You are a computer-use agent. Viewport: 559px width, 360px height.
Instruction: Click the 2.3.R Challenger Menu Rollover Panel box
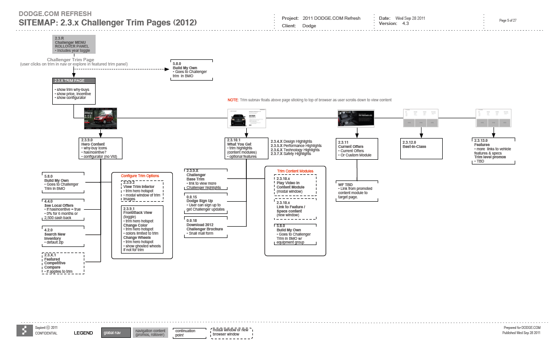[x=74, y=44]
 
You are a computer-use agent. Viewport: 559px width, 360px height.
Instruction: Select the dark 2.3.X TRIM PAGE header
[x=74, y=81]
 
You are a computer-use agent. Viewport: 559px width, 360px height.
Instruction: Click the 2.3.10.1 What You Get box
[x=246, y=148]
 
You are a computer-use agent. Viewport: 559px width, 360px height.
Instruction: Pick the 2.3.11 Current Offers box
[x=357, y=149]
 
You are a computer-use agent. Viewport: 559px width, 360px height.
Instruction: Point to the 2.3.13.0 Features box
[x=494, y=151]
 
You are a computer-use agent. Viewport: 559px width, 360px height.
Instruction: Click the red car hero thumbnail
[x=100, y=118]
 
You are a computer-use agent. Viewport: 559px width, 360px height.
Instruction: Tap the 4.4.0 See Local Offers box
[x=64, y=210]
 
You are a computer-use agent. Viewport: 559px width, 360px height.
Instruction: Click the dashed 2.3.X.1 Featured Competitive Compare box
[x=64, y=263]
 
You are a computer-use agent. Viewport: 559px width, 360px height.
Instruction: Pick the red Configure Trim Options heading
[x=140, y=176]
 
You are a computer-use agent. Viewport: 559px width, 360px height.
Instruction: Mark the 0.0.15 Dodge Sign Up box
[x=206, y=203]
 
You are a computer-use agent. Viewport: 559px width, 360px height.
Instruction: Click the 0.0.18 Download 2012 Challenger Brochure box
[x=206, y=227]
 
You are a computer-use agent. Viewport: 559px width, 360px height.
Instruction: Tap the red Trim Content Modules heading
[x=295, y=171]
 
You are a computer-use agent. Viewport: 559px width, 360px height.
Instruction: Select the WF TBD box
[x=356, y=191]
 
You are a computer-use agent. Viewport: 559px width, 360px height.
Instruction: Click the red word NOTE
[x=233, y=100]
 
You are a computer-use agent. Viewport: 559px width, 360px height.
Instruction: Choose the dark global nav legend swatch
[x=116, y=333]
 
